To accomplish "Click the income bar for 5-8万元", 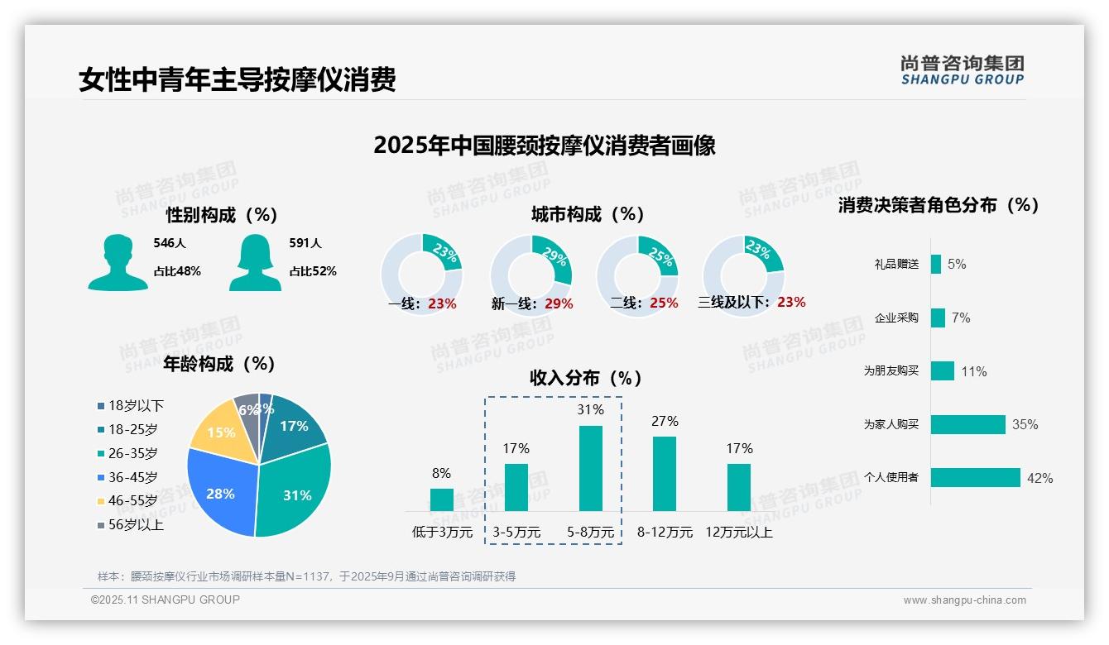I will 590,468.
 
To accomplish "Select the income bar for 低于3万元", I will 441,499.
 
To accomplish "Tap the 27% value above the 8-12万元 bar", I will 665,422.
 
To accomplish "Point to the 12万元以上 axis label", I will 739,533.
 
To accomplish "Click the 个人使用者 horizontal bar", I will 976,478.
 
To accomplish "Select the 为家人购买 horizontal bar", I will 968,424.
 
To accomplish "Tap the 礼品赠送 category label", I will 896,265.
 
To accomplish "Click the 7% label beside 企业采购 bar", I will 961,318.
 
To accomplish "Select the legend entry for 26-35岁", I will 128,453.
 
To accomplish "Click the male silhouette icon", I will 118,262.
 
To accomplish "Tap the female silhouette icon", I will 256,262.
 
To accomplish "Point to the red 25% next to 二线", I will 664,303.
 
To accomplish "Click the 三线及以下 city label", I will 733,303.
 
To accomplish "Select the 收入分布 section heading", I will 586,379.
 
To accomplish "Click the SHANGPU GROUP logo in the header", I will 962,70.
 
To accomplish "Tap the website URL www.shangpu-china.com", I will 964,600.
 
